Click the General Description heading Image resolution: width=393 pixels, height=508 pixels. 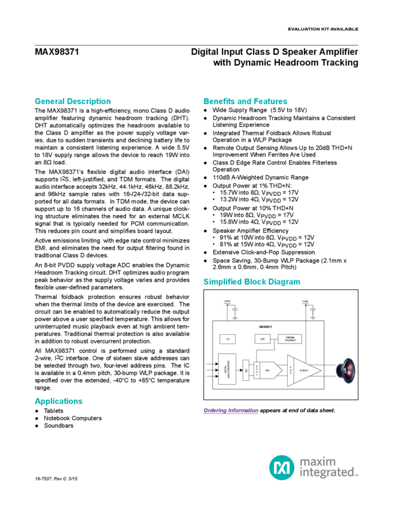point(72,101)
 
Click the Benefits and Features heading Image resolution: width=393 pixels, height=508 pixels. point(245,101)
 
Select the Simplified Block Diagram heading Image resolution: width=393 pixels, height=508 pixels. point(252,281)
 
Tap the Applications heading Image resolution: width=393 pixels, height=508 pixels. point(58,401)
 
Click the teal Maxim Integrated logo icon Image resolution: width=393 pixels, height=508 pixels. point(280,466)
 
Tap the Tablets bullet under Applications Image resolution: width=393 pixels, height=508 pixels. point(54,412)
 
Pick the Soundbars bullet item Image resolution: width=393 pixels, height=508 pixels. point(59,425)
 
